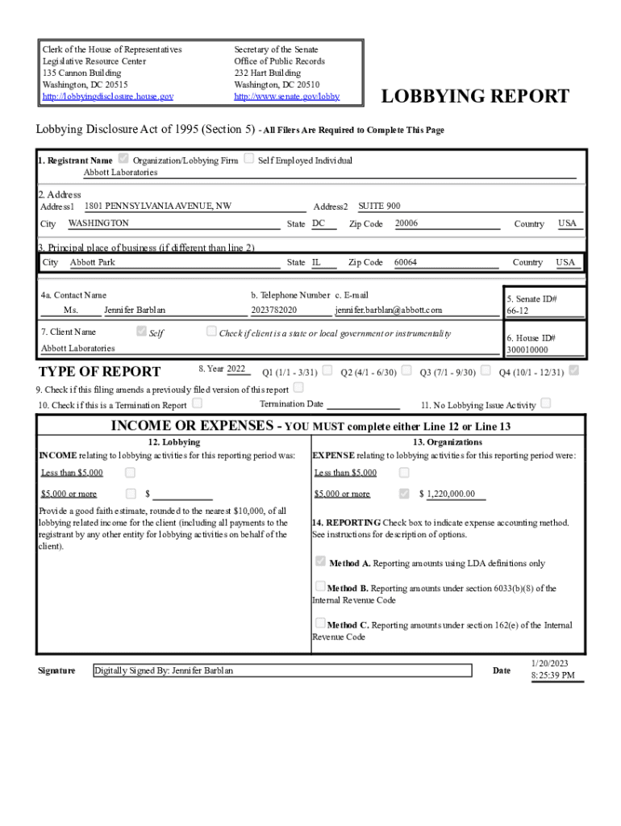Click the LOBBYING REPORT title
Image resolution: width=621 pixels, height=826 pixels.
475,98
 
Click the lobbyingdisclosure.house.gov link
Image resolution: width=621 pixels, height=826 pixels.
107,97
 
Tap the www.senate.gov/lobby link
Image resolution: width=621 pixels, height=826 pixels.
286,97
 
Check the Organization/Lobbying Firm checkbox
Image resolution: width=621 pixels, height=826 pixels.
123,159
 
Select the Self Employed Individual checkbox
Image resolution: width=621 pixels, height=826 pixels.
249,159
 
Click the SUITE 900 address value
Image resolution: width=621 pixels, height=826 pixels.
379,206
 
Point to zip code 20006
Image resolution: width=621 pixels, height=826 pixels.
406,223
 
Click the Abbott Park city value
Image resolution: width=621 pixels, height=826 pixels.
93,262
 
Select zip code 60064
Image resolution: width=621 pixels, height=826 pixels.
406,262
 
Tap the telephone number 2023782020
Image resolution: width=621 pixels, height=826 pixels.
274,310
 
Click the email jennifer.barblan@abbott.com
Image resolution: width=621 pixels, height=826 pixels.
389,310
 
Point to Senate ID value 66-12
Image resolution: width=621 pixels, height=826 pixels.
518,311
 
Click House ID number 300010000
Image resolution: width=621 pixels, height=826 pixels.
527,350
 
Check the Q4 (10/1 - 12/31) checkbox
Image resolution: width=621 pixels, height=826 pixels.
573,370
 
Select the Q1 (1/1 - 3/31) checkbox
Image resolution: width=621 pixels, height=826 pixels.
327,370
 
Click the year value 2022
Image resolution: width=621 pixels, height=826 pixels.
236,369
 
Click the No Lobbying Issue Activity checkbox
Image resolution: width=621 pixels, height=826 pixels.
546,403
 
